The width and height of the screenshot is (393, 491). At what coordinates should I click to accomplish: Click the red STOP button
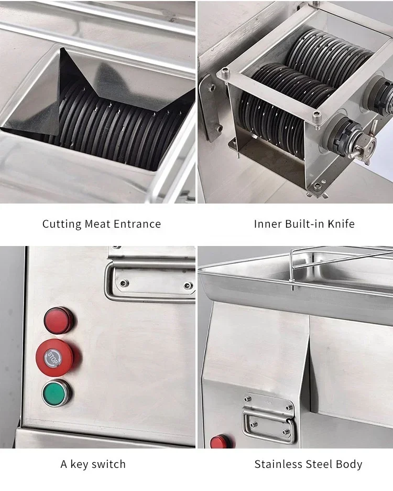pyautogui.click(x=55, y=357)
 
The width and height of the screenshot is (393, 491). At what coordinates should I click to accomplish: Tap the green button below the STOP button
pyautogui.click(x=57, y=392)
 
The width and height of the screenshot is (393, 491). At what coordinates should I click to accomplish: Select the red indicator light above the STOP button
pyautogui.click(x=58, y=321)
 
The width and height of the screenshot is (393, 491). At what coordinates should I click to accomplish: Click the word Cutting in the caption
pyautogui.click(x=62, y=224)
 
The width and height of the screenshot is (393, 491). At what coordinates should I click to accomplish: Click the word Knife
pyautogui.click(x=341, y=224)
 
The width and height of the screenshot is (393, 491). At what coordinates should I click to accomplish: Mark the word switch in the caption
pyautogui.click(x=109, y=464)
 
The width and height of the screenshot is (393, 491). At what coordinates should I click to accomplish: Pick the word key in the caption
pyautogui.click(x=80, y=464)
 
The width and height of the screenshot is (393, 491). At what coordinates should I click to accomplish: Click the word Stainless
pyautogui.click(x=278, y=464)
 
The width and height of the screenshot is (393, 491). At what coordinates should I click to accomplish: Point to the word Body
pyautogui.click(x=350, y=464)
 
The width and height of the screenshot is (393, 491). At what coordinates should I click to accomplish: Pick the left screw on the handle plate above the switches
pyautogui.click(x=124, y=283)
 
